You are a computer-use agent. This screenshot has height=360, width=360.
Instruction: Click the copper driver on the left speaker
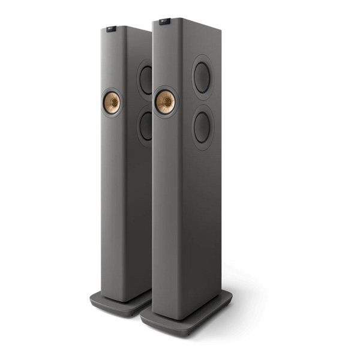pyautogui.click(x=111, y=103)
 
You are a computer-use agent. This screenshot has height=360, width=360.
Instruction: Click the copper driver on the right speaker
pyautogui.click(x=165, y=102)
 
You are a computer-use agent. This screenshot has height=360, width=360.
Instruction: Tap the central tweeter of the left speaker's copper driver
pyautogui.click(x=111, y=103)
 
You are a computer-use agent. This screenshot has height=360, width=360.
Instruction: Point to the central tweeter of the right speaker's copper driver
pyautogui.click(x=165, y=102)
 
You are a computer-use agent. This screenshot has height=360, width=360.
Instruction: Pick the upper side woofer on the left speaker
pyautogui.click(x=146, y=80)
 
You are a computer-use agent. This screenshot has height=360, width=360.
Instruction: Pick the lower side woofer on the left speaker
pyautogui.click(x=146, y=126)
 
